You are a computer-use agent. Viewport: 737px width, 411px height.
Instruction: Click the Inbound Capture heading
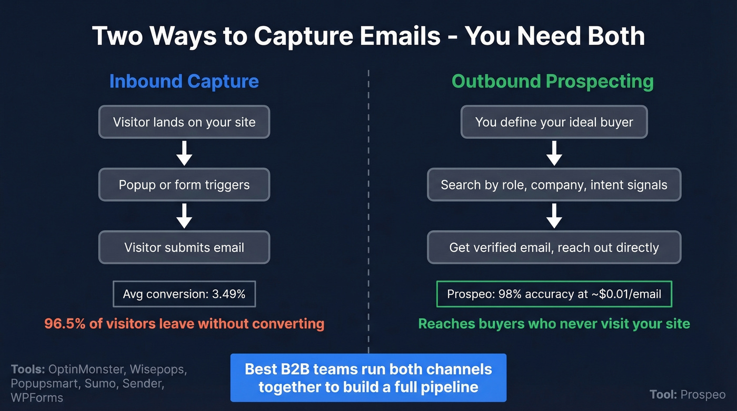(184, 82)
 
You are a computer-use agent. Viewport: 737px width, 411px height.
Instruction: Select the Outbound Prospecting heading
(553, 82)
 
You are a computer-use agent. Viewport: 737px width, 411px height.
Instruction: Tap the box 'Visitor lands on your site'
(184, 122)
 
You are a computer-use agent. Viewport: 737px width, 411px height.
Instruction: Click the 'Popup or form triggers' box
(184, 185)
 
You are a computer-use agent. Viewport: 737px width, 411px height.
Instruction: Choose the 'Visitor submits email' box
(184, 247)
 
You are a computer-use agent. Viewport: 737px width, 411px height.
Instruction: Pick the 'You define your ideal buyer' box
(554, 122)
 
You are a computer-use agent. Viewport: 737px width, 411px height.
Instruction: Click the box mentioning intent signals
(554, 185)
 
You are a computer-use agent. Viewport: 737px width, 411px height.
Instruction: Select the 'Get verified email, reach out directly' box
(554, 247)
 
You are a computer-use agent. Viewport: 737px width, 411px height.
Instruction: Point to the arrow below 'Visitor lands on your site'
(184, 153)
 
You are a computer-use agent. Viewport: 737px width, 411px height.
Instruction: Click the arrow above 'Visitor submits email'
(184, 216)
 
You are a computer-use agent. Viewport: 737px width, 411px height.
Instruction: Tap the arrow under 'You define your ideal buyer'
(554, 153)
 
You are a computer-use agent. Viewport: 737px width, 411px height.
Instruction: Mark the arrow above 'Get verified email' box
(554, 216)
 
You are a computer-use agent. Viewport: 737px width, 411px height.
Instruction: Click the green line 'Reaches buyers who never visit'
(554, 323)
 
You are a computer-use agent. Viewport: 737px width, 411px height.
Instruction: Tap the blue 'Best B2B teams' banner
(368, 378)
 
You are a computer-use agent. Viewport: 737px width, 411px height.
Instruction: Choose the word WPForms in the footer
(37, 398)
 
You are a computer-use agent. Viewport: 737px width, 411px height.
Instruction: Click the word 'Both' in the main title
(611, 36)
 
